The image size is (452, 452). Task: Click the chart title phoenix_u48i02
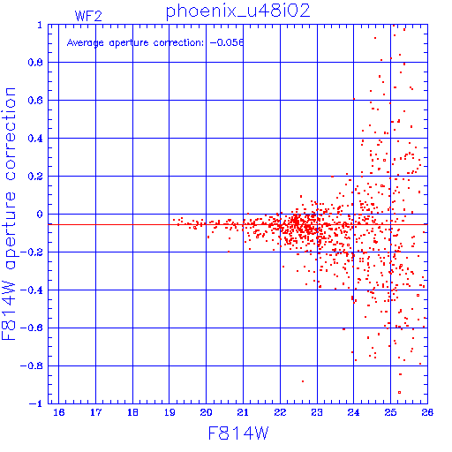click(237, 11)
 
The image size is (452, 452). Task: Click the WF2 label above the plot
click(88, 16)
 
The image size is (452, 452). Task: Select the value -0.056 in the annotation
click(227, 42)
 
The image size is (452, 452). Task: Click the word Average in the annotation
click(86, 43)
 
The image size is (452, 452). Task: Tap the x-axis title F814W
click(238, 433)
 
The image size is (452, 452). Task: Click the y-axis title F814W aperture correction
click(9, 214)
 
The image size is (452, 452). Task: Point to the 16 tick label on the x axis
click(59, 412)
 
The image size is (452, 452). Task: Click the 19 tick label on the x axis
click(169, 412)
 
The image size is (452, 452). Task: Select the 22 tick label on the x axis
click(280, 412)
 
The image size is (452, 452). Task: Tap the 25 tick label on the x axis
click(390, 412)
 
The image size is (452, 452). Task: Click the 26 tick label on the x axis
click(427, 412)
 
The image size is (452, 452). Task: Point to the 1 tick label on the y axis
click(40, 25)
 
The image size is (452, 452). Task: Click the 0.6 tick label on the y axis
click(35, 101)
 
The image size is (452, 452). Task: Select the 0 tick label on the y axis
click(40, 215)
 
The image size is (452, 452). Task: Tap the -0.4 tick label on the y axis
click(32, 290)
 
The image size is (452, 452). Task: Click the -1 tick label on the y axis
click(36, 403)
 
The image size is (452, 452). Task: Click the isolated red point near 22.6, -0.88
click(303, 381)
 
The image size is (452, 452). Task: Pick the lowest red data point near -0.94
click(399, 392)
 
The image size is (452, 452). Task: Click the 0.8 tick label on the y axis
click(35, 63)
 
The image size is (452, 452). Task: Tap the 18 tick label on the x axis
click(132, 412)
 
